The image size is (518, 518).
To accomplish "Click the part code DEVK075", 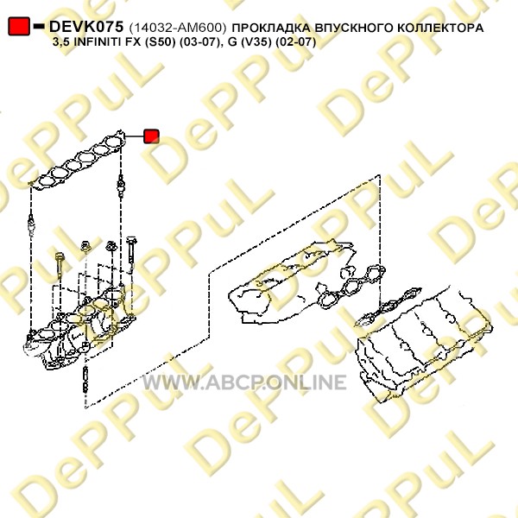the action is click(86, 27).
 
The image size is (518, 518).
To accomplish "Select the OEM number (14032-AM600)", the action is click(178, 28).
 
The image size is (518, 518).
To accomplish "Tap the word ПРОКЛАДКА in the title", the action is click(271, 28).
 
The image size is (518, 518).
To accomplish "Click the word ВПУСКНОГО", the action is click(354, 28).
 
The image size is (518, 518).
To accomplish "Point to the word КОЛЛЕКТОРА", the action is click(440, 28).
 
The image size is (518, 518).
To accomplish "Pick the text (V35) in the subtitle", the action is click(256, 42).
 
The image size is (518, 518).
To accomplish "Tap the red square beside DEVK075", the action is click(19, 27).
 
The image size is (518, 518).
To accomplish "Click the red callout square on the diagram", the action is click(151, 136).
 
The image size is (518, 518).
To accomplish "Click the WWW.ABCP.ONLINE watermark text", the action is click(244, 382).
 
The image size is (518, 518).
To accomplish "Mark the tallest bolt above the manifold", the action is click(131, 255).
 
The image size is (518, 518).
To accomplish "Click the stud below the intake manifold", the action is click(85, 380).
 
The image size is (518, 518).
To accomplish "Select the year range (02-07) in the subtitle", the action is click(295, 42).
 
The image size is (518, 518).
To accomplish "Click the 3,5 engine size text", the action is click(61, 42).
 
